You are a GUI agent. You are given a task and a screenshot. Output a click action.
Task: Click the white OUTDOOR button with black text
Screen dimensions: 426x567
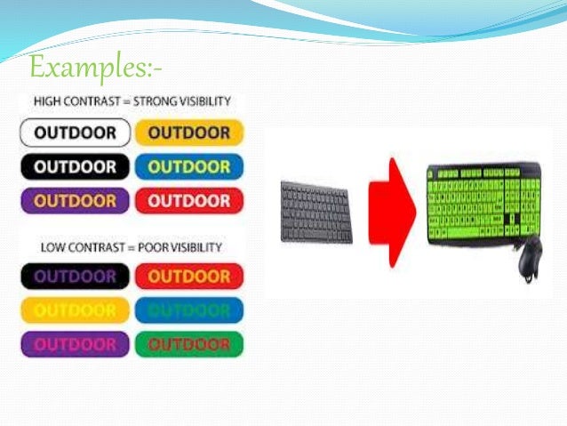(76, 133)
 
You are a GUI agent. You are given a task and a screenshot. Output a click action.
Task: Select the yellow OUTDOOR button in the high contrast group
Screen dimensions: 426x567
(189, 133)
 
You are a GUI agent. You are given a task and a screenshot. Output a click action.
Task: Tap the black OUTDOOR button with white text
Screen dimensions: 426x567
(76, 167)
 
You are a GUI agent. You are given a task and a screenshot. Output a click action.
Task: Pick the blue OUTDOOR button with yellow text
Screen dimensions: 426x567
(189, 167)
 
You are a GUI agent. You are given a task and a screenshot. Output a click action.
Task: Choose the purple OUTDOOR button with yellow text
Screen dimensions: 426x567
(76, 201)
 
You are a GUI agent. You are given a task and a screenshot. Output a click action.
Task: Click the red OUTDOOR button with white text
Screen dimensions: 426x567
(189, 201)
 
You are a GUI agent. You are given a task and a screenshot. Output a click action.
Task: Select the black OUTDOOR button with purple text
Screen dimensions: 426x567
(76, 277)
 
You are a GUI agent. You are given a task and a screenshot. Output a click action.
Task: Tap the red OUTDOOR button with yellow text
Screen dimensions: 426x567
(189, 277)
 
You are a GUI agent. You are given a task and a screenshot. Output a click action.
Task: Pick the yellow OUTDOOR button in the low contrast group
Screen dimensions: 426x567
(76, 310)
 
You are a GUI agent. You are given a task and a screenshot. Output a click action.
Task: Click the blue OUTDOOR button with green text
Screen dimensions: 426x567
(189, 310)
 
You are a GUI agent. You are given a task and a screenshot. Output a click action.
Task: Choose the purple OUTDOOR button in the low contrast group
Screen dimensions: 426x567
(76, 344)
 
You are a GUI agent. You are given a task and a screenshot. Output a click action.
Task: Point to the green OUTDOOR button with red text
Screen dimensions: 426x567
(189, 344)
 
